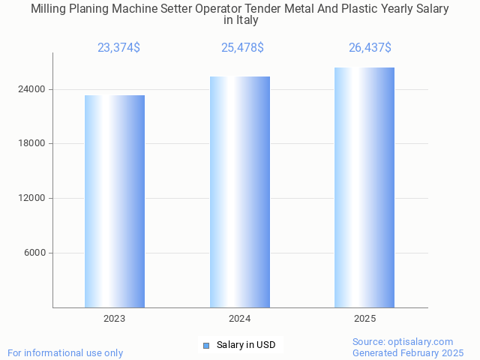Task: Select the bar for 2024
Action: click(240, 192)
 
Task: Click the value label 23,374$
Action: click(118, 48)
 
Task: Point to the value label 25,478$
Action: click(242, 48)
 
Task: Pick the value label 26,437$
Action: click(370, 48)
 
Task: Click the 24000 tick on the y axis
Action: click(31, 89)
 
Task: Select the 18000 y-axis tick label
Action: click(31, 144)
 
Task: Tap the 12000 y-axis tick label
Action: click(31, 198)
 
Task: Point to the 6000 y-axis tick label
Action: click(34, 253)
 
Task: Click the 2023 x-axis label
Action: click(115, 319)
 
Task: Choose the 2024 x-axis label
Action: click(240, 319)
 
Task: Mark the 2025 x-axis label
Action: click(364, 319)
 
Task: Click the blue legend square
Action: click(206, 345)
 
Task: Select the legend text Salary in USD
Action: click(246, 345)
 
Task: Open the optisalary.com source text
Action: click(403, 341)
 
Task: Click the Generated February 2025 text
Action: click(408, 352)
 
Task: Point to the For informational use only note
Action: click(65, 352)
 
